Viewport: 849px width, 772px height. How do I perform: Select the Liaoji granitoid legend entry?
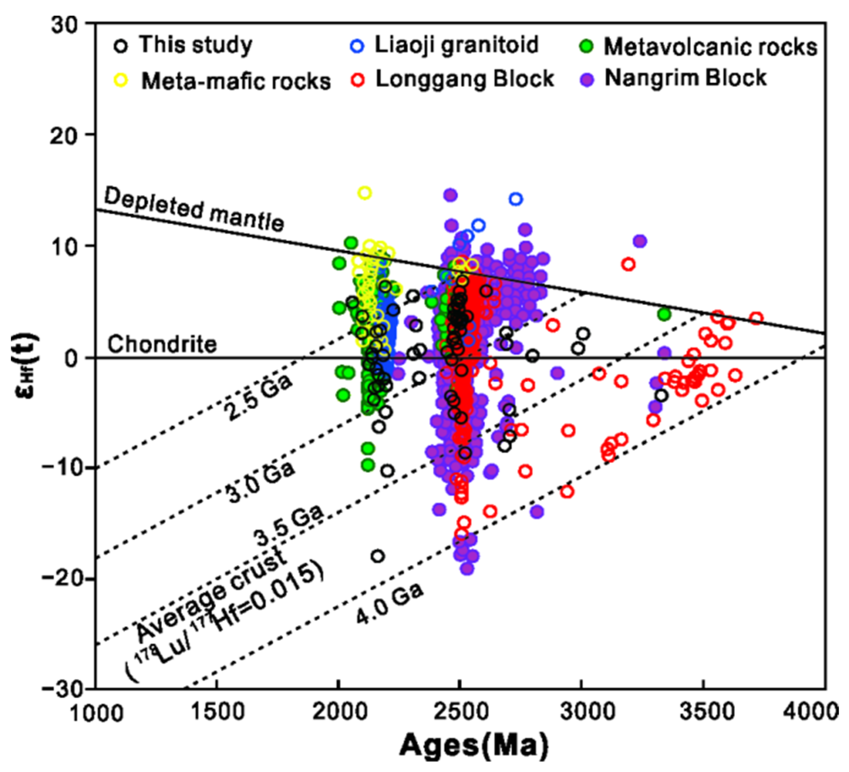point(444,45)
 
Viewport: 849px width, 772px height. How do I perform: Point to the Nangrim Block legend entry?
point(673,78)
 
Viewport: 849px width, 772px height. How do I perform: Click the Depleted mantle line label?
point(194,209)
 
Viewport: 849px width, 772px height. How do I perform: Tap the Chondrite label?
point(162,344)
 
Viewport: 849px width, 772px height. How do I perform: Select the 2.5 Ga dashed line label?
point(258,398)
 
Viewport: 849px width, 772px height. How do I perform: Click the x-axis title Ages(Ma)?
point(474,746)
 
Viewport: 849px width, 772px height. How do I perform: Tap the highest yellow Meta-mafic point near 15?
point(365,193)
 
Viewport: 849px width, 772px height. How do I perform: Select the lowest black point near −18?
point(378,556)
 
